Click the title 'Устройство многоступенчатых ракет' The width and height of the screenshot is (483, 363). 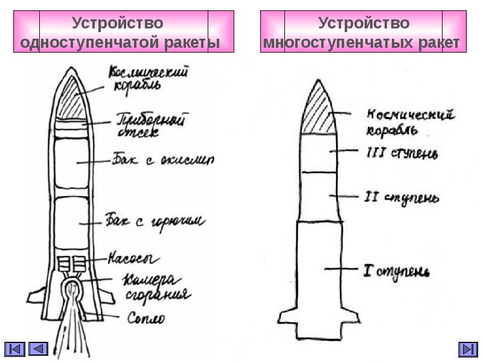(363, 33)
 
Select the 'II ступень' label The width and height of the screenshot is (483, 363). (402, 197)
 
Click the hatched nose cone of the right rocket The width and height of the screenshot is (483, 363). (317, 112)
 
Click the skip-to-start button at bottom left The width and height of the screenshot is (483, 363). (16, 349)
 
